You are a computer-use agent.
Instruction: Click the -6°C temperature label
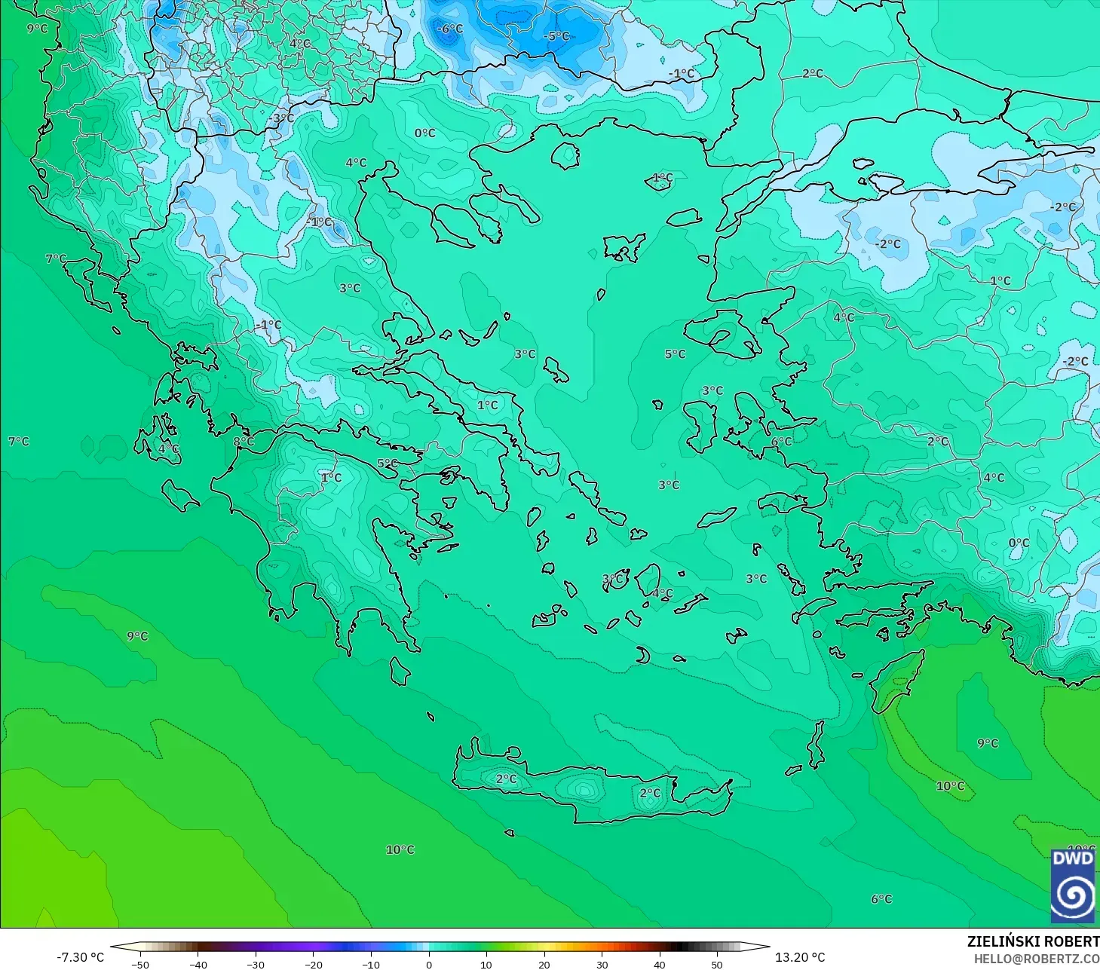(450, 29)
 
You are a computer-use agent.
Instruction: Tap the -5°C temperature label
(556, 36)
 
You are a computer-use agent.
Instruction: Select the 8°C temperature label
(243, 442)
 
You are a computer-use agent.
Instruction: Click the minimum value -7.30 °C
(81, 957)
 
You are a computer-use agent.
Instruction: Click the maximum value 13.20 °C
(800, 957)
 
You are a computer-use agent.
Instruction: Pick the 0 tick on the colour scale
(428, 964)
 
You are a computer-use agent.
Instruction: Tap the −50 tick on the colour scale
(139, 964)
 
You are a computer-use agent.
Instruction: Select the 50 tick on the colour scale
(717, 964)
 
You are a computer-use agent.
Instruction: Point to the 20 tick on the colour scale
(544, 964)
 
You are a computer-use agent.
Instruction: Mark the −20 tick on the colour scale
(313, 964)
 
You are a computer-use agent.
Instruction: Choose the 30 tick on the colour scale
(602, 964)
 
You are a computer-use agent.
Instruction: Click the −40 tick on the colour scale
(198, 964)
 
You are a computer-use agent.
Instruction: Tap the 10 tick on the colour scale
(486, 964)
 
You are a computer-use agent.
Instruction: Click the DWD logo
(1073, 886)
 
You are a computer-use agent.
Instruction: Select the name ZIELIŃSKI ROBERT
(1033, 941)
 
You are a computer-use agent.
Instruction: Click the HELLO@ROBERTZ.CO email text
(1036, 959)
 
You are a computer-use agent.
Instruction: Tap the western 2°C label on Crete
(506, 779)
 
